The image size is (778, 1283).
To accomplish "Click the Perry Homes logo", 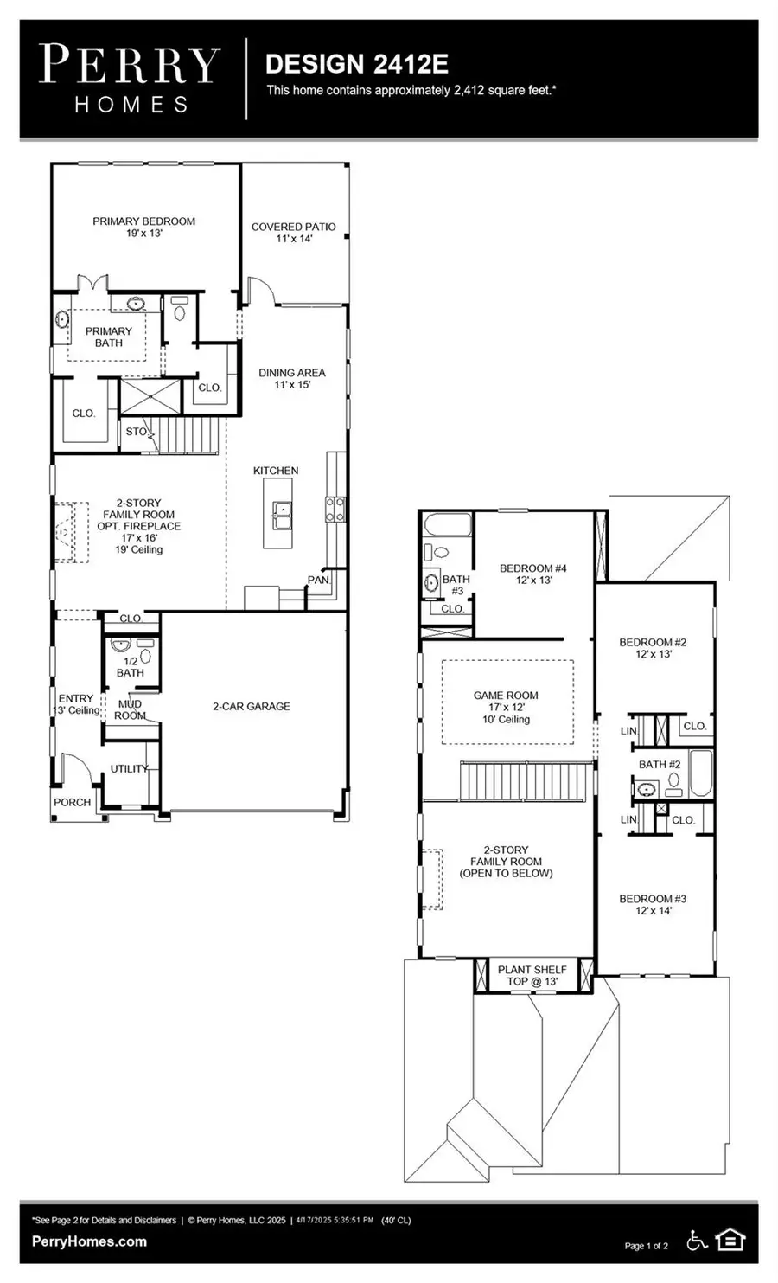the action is [130, 79].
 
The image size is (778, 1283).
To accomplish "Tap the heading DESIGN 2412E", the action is [357, 64].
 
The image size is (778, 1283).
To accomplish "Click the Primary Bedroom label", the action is [143, 227].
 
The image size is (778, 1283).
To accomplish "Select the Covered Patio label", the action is [294, 233].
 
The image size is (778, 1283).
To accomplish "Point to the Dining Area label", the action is [292, 379].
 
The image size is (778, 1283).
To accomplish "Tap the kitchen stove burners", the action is [335, 510].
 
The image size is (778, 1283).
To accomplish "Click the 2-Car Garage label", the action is [252, 706].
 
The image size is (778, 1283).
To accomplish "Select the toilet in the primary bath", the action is [180, 310].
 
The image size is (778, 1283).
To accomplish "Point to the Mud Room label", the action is [130, 709].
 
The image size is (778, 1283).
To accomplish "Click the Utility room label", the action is [130, 768].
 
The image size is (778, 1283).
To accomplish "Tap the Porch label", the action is [72, 803].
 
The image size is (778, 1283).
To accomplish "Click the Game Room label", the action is [506, 707].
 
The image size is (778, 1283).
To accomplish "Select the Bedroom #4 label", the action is [533, 574].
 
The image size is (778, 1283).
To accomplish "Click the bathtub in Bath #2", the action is [701, 773].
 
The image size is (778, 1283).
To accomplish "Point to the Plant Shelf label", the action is [532, 975].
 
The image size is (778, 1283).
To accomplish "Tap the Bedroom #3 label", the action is [653, 904].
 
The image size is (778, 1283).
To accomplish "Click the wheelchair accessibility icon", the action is [697, 1241].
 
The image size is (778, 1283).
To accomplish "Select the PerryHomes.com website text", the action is [89, 1241].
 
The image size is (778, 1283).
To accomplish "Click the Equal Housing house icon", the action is [730, 1241].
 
